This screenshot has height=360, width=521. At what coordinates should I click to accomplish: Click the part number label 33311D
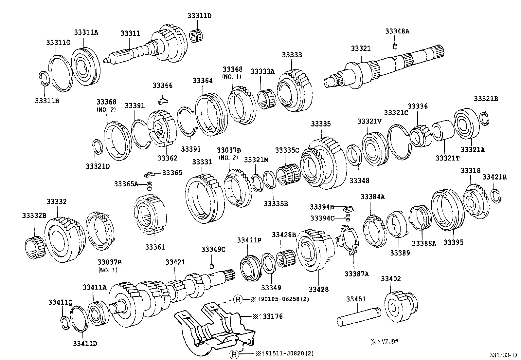(x=199, y=16)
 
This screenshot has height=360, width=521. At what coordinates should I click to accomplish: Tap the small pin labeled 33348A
(x=395, y=46)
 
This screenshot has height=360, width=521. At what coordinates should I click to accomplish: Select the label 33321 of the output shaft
(x=361, y=48)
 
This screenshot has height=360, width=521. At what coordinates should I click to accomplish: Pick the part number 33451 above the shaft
(x=356, y=299)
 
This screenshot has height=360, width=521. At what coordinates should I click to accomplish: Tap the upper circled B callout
(x=238, y=299)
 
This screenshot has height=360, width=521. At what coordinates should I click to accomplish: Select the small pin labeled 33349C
(x=212, y=265)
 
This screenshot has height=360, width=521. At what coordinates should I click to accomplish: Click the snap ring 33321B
(x=485, y=118)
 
